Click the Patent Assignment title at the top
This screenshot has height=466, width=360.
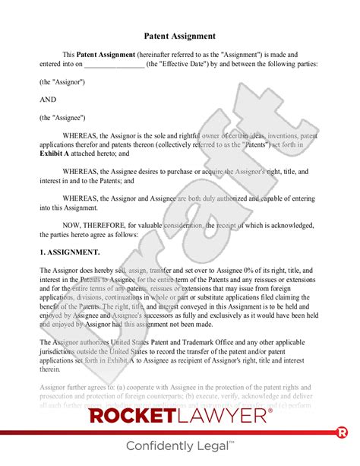[179, 36]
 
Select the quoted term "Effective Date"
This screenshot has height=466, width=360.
[184, 64]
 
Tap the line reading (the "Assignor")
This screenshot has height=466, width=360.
[62, 81]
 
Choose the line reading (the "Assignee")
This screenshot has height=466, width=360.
[62, 117]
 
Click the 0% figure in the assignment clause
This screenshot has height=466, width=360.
[233, 271]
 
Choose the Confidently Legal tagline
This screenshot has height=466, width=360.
[180, 445]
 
